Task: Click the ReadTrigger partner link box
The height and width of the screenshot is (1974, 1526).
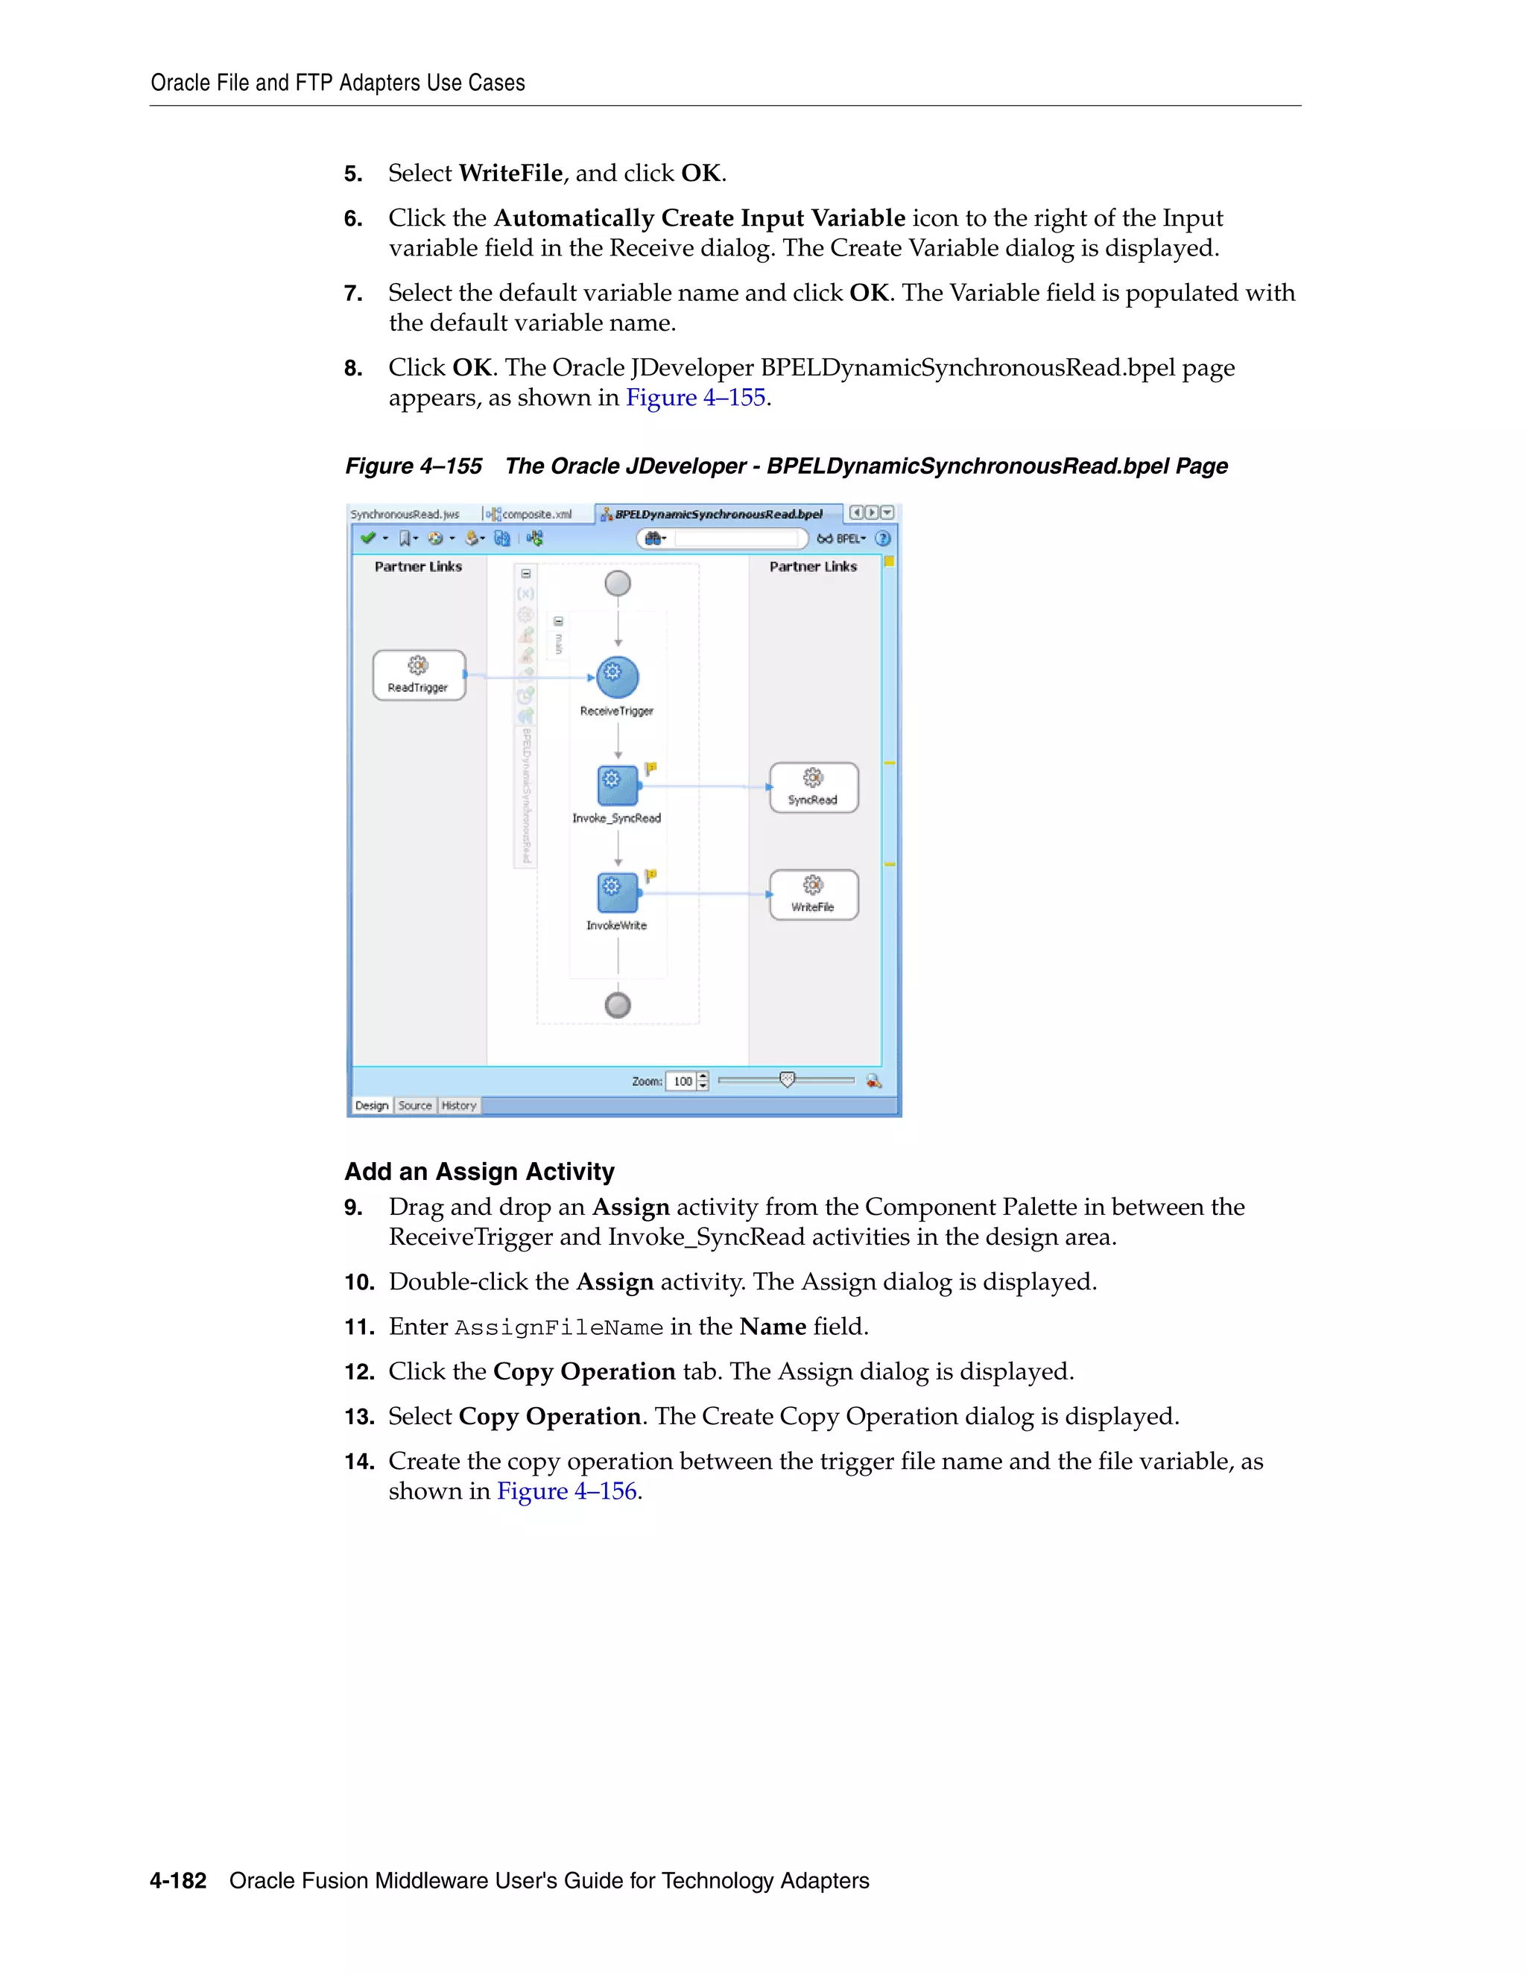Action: tap(419, 675)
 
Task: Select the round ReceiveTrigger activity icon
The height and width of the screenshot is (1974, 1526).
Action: tap(618, 677)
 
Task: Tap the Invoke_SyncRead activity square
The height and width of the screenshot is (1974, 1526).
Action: tap(618, 784)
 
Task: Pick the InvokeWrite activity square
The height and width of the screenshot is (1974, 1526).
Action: tap(618, 892)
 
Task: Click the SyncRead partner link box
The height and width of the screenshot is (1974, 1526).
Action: tap(813, 787)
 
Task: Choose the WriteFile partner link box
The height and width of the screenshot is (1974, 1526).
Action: tap(813, 895)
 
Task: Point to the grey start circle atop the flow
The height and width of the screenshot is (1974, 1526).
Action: tap(618, 583)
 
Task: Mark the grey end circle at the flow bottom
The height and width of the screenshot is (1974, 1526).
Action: tap(618, 1005)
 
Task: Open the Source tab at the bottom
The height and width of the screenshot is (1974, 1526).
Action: tap(415, 1105)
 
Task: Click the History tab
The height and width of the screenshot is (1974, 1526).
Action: tap(458, 1105)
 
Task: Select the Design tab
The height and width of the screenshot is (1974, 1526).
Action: tap(372, 1105)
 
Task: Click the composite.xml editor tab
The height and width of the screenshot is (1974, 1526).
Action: tap(535, 514)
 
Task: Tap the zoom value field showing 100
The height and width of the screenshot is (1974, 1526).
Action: tap(682, 1081)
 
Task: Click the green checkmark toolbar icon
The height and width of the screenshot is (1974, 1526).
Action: tap(368, 539)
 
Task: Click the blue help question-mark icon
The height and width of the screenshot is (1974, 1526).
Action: tap(883, 539)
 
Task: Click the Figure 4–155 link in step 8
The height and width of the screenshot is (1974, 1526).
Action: tap(695, 398)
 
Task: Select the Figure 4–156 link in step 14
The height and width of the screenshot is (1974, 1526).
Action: tap(567, 1491)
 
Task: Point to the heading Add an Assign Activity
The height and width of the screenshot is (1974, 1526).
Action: tap(479, 1172)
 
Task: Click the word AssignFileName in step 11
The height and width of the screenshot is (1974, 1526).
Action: tap(558, 1327)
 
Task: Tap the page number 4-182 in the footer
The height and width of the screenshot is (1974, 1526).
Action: tap(178, 1881)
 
